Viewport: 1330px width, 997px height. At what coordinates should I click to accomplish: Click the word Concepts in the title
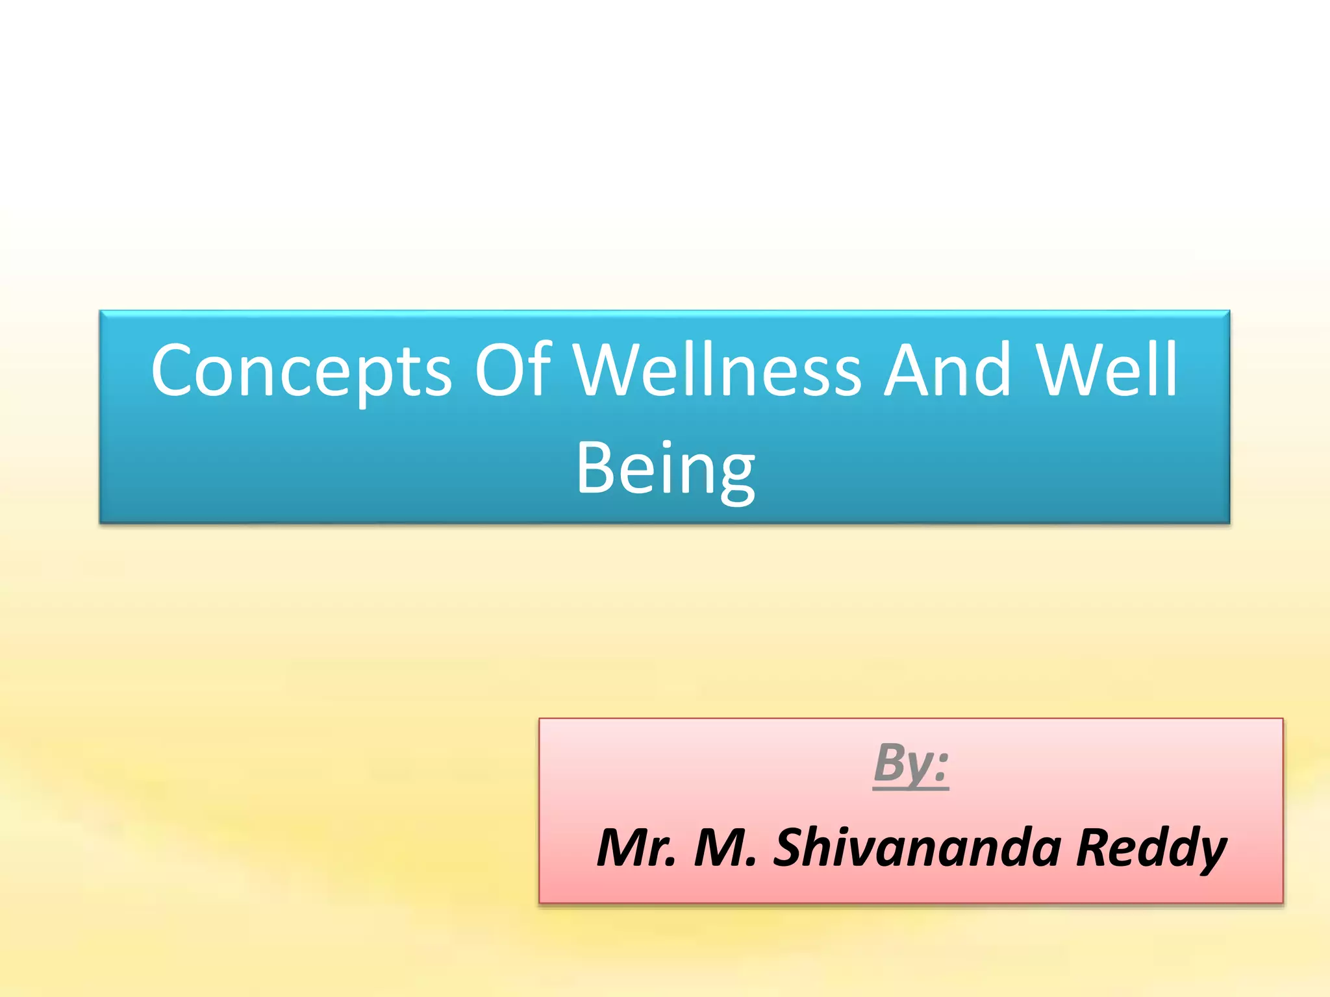click(x=301, y=371)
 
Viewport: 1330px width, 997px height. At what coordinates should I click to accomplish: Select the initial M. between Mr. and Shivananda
click(x=725, y=848)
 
